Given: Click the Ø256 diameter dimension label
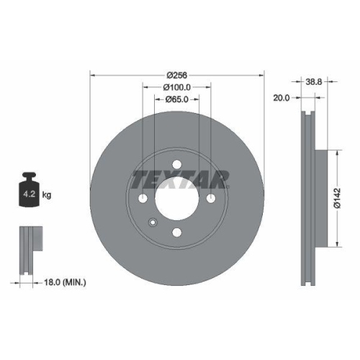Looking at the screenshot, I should point(177,75).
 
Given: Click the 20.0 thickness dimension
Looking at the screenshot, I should point(282,99).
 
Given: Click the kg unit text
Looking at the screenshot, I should point(47,194).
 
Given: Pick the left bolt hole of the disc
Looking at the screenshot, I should point(143,199).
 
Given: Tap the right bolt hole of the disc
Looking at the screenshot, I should point(211,199).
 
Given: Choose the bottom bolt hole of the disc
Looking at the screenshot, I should point(177,232).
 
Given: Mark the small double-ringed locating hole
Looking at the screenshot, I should point(151,222).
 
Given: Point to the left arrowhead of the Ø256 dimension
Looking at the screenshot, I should point(91,75).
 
